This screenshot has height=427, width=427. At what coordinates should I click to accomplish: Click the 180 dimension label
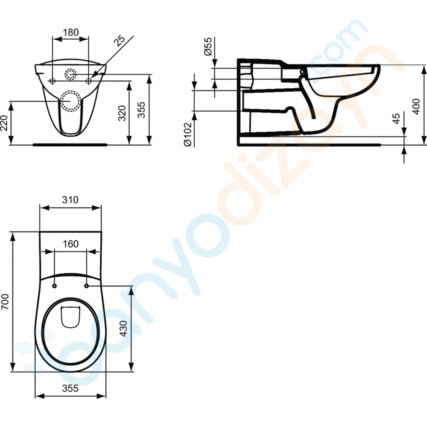tap(70, 32)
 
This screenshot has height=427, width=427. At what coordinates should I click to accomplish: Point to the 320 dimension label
tap(122, 113)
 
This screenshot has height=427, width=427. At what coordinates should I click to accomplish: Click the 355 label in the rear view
tap(141, 110)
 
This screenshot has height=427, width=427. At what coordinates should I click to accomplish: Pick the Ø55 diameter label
tap(208, 47)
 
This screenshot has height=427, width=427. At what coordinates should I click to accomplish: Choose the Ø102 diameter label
tap(188, 135)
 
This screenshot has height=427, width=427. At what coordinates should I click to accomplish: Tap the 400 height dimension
tap(416, 106)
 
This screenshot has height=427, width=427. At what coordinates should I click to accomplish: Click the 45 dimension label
tap(396, 118)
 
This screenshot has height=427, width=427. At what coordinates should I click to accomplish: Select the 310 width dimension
tap(70, 199)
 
